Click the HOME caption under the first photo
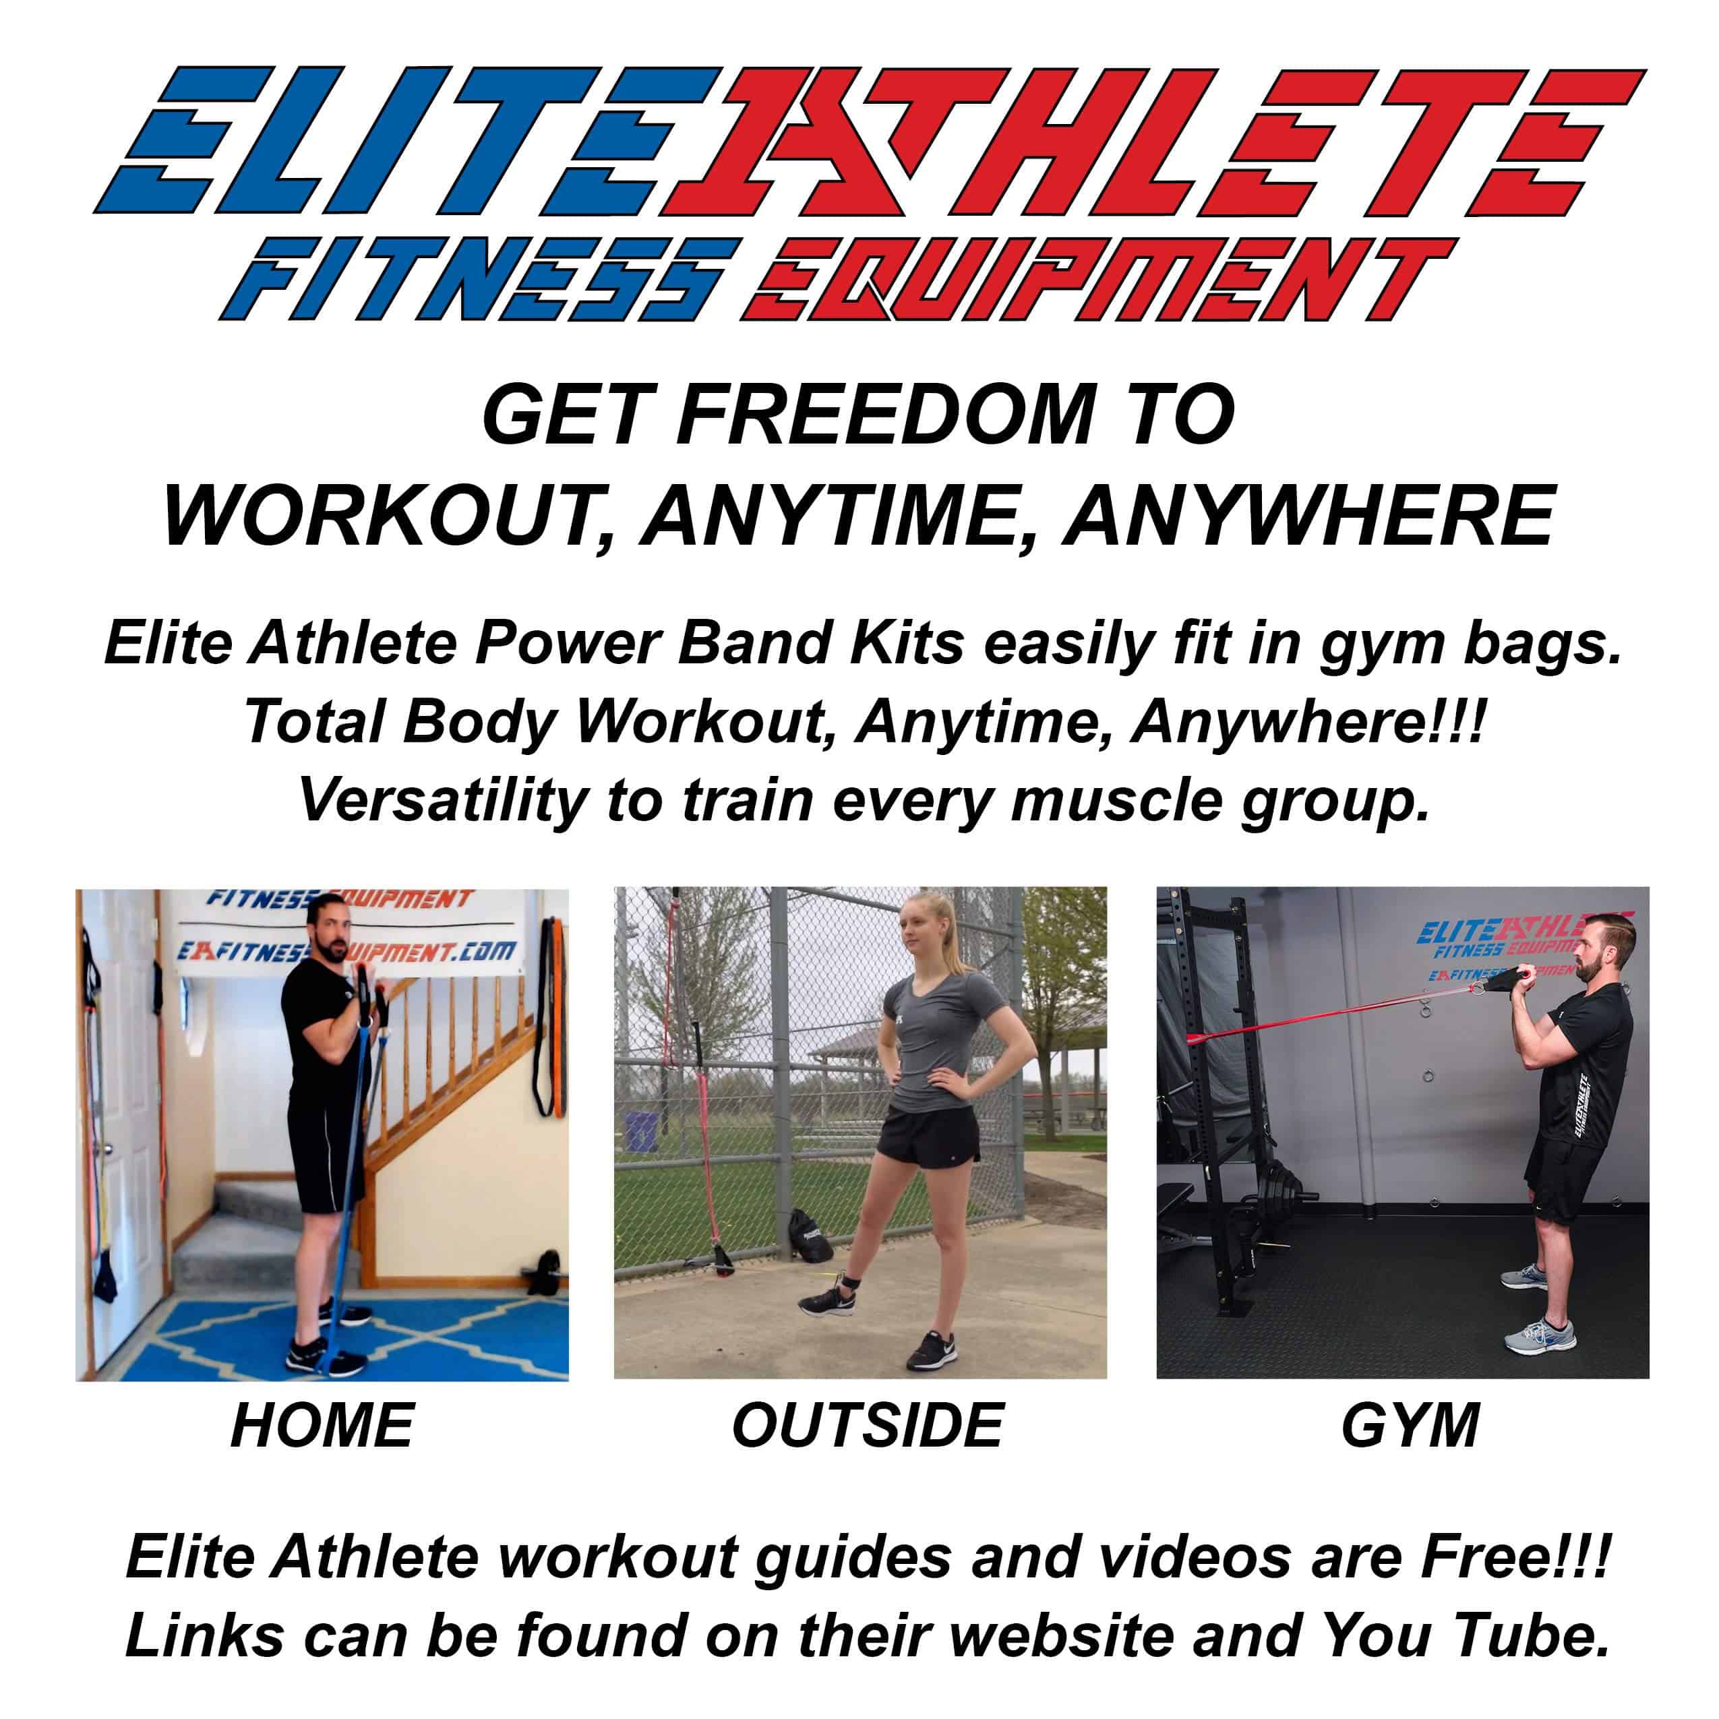click(x=322, y=1425)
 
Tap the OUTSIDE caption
click(x=868, y=1425)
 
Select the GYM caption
click(x=1410, y=1425)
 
